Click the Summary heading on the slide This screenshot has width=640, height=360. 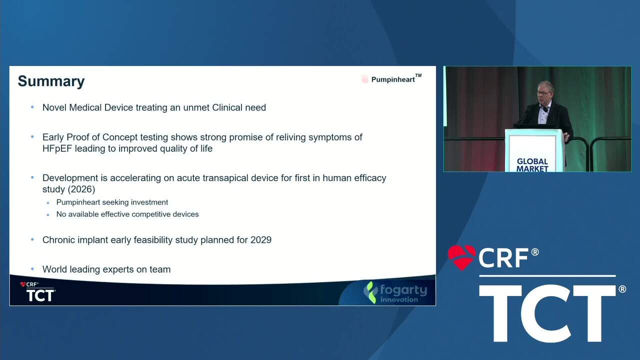[x=51, y=81]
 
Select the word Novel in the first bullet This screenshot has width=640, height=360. [x=54, y=107]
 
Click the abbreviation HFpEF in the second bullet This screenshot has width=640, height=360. [x=57, y=148]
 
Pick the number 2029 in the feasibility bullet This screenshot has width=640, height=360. [x=261, y=239]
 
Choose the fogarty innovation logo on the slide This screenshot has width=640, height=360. [x=395, y=292]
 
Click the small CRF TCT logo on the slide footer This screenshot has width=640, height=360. [x=37, y=291]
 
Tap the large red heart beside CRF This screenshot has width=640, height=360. [x=461, y=257]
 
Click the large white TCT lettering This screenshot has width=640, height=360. [x=547, y=313]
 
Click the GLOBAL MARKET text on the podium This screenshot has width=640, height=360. [x=532, y=165]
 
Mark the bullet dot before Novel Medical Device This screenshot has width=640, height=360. [x=32, y=107]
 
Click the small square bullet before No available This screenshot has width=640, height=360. [x=47, y=215]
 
